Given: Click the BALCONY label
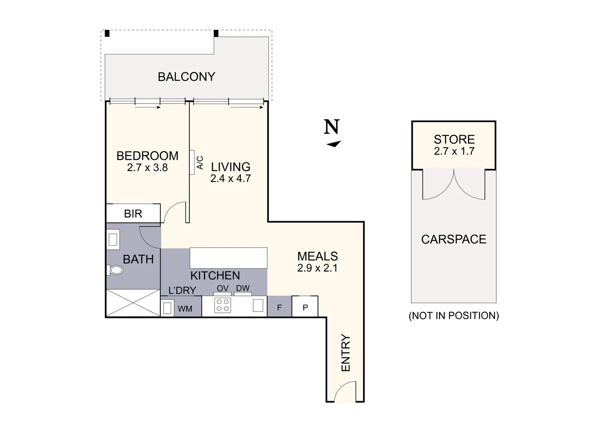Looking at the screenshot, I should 186,77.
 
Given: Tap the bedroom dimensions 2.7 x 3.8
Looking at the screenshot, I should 147,168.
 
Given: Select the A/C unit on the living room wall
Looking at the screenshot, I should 192,162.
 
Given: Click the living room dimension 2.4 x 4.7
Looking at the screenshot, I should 231,179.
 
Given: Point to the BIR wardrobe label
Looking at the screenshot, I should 133,214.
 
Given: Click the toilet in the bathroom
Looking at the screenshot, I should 115,270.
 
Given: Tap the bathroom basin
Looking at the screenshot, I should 113,239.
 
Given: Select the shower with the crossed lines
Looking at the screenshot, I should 133,303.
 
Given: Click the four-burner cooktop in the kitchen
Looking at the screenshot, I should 223,305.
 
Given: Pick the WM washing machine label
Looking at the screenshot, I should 185,309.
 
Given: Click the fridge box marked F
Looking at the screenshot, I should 279,307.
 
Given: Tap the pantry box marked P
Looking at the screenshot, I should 305,307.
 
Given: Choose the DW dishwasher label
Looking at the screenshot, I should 243,288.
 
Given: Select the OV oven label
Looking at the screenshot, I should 223,289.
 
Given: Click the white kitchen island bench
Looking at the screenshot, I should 229,258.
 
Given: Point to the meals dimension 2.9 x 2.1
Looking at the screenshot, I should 317,268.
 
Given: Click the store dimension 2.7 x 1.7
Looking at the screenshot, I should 454,152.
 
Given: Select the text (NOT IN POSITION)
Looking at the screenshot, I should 454,316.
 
